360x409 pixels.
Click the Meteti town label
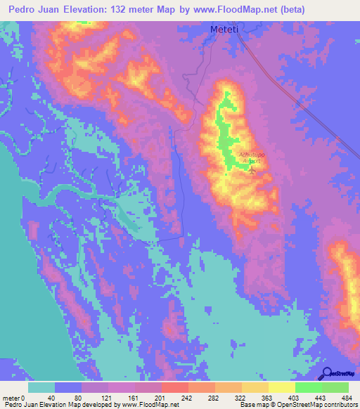225,29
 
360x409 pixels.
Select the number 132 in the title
150,11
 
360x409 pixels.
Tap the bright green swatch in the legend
308,387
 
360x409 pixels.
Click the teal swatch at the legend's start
41,387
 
